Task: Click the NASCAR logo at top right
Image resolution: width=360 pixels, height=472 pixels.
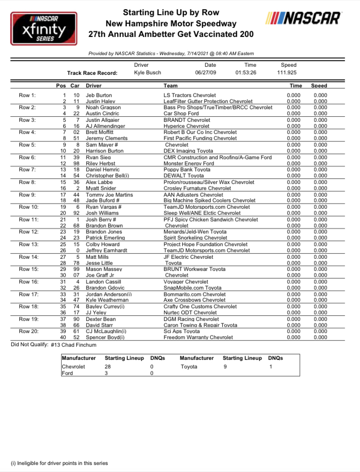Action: point(304,18)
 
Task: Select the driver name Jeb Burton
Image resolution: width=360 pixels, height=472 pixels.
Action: point(99,95)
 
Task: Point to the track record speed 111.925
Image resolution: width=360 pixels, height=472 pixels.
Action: point(289,73)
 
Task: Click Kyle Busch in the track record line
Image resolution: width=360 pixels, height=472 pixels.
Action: point(147,73)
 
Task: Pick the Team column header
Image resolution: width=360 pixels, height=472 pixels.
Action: point(171,86)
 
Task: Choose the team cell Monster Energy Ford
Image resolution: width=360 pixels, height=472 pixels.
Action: point(189,163)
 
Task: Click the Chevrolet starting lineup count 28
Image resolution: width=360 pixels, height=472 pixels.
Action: point(108,367)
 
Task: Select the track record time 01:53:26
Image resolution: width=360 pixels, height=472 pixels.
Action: point(246,73)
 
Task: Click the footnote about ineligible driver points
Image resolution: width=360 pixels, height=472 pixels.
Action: point(59,463)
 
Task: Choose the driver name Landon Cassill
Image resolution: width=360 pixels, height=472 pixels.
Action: point(104,281)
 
